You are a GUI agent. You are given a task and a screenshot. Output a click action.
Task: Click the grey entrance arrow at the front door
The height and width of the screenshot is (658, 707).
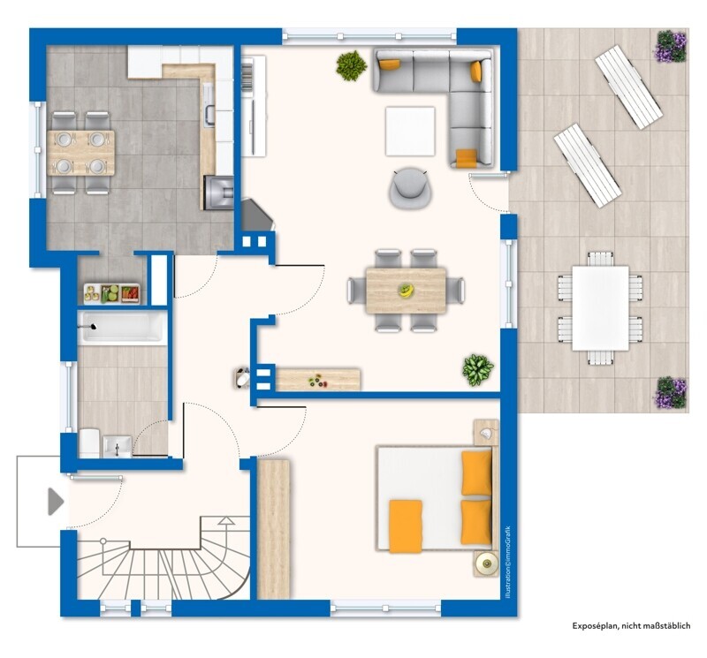[x=55, y=501]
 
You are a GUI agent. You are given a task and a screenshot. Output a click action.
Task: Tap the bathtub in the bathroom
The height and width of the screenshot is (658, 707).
[x=122, y=327]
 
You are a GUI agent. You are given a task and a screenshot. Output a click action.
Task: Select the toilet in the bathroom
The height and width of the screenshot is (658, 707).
[x=89, y=442]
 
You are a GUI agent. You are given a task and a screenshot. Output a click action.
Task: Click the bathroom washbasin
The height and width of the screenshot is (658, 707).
[x=118, y=447]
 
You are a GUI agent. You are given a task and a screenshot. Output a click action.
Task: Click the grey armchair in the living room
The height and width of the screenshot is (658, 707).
[x=410, y=188]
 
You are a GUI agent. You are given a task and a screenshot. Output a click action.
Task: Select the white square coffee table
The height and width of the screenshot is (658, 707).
[x=410, y=131]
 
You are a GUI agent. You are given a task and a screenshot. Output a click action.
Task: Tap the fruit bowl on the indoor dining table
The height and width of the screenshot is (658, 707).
[x=406, y=291]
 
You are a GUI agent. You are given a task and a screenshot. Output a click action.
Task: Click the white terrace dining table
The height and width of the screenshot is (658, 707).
[x=601, y=308]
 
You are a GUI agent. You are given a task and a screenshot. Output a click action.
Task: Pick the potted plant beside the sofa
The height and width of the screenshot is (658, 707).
[x=351, y=65]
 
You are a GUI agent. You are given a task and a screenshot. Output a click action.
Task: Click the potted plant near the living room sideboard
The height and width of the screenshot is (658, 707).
[x=477, y=369]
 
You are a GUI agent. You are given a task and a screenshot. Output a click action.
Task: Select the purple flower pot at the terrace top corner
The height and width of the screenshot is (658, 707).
[x=671, y=46]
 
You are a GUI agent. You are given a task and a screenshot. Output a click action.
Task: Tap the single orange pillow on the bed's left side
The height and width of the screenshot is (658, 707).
[x=406, y=526]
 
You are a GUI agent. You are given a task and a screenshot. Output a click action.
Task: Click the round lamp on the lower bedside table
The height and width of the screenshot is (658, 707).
[x=487, y=563]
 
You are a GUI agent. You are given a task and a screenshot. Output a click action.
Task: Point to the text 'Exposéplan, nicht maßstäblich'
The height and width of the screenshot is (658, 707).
[x=631, y=625]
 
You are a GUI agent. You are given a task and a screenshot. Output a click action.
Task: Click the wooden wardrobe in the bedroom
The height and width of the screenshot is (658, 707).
[x=273, y=529]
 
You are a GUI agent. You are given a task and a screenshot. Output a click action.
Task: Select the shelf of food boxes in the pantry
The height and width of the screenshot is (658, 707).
[x=111, y=294]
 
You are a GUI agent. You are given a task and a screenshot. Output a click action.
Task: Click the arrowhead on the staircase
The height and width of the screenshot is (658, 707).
[x=226, y=521]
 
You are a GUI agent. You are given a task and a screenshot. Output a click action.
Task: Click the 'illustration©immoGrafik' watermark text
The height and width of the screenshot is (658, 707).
[x=507, y=562]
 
